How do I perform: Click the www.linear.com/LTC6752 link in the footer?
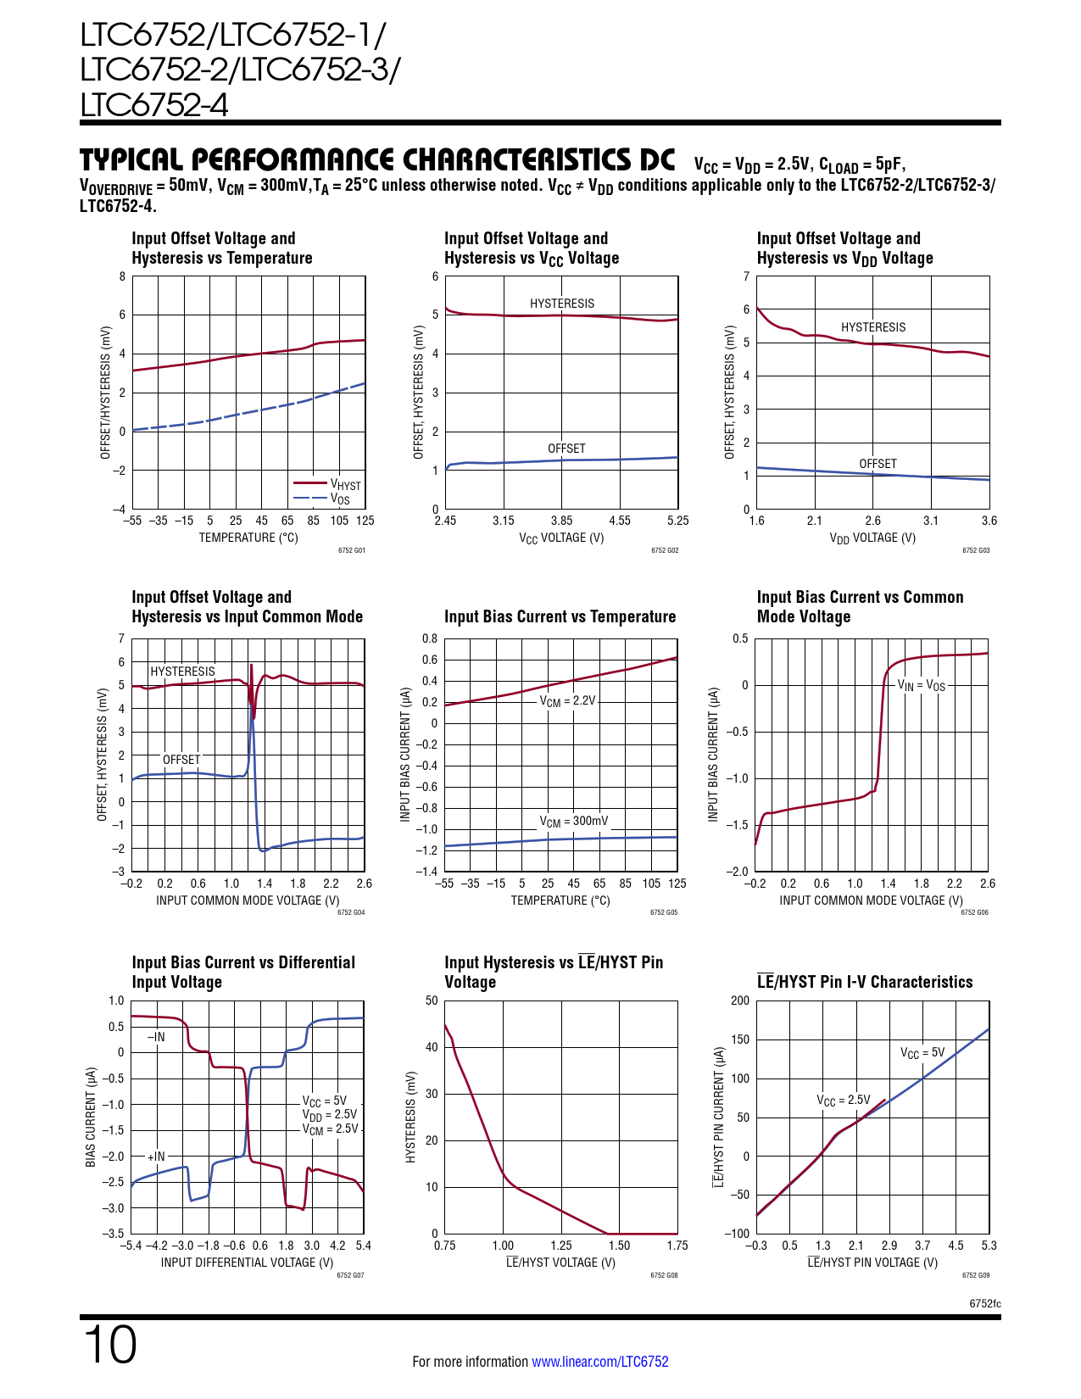click(599, 1362)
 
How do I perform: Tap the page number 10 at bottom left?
click(109, 1345)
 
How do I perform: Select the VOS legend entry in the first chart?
click(340, 499)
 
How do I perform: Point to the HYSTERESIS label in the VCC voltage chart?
click(562, 304)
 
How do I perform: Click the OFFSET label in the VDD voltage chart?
click(878, 464)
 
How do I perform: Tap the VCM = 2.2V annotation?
click(568, 701)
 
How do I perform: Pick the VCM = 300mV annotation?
click(574, 821)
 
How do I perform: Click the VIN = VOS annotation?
click(921, 685)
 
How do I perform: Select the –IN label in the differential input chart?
click(156, 1036)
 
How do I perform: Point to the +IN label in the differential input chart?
click(156, 1157)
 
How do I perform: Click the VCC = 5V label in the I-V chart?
click(922, 1053)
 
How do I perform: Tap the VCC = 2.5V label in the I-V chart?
click(844, 1101)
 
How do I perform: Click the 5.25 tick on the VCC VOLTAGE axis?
click(677, 521)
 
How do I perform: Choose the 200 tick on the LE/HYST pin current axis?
click(740, 1000)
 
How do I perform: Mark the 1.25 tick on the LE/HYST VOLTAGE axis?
click(561, 1246)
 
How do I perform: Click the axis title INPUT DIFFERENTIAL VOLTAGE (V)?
click(247, 1262)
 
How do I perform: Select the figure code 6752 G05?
click(664, 912)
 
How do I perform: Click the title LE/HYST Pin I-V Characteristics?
click(865, 982)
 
